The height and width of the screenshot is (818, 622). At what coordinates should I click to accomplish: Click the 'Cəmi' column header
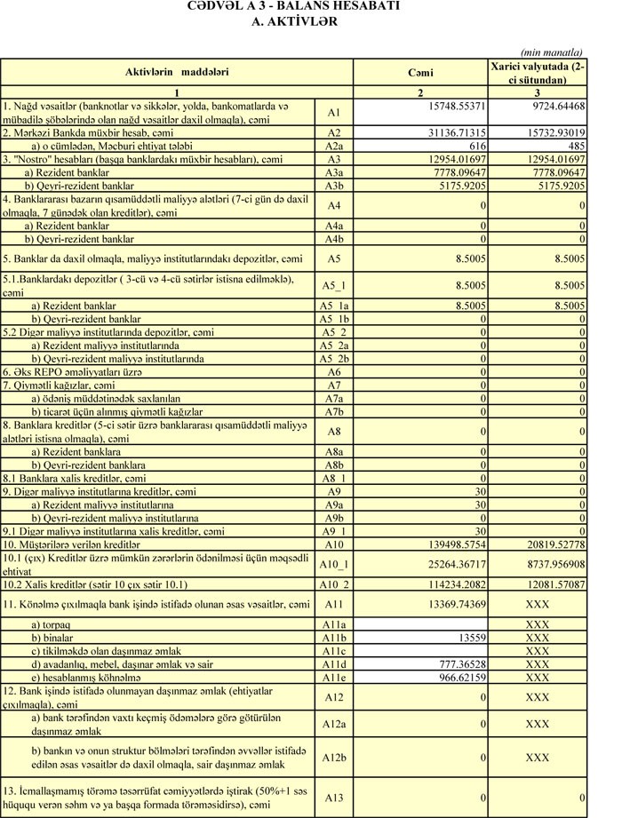pos(420,73)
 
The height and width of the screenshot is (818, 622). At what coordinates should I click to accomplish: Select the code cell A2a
pos(333,146)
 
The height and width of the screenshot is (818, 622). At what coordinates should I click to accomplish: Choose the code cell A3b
pos(333,186)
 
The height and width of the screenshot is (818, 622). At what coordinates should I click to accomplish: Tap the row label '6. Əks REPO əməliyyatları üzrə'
pos(85,372)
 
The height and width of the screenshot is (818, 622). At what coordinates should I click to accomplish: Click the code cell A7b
pos(333,412)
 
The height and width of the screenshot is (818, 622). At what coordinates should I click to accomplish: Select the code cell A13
pos(333,798)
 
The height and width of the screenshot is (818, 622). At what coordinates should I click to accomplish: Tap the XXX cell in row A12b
pos(538,758)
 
